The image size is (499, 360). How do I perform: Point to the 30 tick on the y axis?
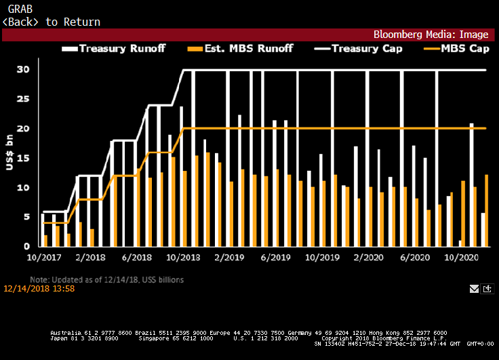[x=23, y=70]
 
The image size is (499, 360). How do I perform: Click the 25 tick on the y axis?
[x=23, y=99]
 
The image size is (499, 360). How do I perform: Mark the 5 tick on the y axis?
[x=26, y=217]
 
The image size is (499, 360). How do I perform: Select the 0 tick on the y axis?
[x=26, y=246]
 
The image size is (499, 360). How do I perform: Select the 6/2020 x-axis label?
[x=414, y=258]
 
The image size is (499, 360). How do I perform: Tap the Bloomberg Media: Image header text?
[x=433, y=34]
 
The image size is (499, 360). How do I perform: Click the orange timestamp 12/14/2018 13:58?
[x=39, y=289]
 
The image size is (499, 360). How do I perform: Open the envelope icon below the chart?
[x=475, y=289]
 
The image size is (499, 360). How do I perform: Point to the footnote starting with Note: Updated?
[x=106, y=279]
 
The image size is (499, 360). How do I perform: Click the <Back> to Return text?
[x=52, y=22]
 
